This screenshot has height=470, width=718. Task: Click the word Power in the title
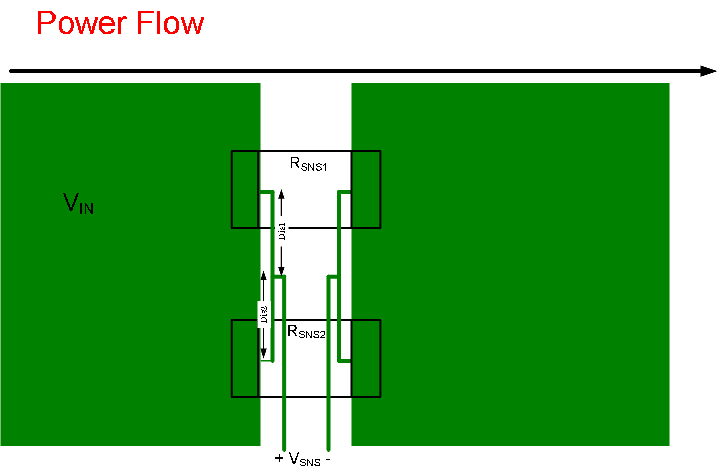(x=82, y=23)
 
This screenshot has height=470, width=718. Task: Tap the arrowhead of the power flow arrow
(x=709, y=71)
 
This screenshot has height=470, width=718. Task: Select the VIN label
(x=78, y=204)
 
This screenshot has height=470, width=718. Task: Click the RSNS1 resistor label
(x=308, y=164)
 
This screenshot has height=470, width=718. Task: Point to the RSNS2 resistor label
(x=306, y=332)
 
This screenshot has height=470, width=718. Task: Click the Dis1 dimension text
(x=282, y=231)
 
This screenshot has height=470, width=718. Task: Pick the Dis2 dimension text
(x=264, y=314)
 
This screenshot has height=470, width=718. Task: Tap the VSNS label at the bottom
(x=304, y=459)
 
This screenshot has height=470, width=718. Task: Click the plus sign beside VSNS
(x=280, y=458)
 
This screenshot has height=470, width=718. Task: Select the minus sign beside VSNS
(x=328, y=459)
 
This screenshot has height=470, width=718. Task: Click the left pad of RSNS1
(x=245, y=190)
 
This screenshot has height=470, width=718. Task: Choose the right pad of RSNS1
(x=366, y=190)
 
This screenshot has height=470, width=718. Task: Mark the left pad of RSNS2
(x=245, y=358)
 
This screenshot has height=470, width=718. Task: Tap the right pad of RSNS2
(x=366, y=358)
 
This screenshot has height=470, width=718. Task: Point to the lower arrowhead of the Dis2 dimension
(x=263, y=354)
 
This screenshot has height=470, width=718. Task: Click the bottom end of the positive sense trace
(x=284, y=448)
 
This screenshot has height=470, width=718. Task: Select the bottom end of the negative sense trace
(x=329, y=448)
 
